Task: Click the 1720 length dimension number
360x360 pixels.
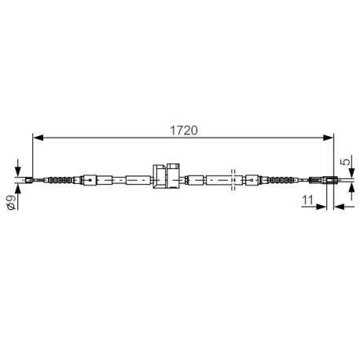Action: pos(184,130)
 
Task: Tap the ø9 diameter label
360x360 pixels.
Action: pos(11,203)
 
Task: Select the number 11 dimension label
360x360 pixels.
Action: pos(308,200)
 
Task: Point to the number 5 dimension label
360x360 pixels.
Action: pos(345,162)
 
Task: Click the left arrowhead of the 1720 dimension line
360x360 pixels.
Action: pos(39,138)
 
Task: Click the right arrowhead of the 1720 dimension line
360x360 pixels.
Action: pos(328,138)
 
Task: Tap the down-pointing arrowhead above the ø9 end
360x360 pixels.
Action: pos(17,171)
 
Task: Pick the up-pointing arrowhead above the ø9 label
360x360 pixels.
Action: pos(17,189)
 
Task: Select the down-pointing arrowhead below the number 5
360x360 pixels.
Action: pos(351,173)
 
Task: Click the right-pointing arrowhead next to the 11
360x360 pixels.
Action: pos(321,207)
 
